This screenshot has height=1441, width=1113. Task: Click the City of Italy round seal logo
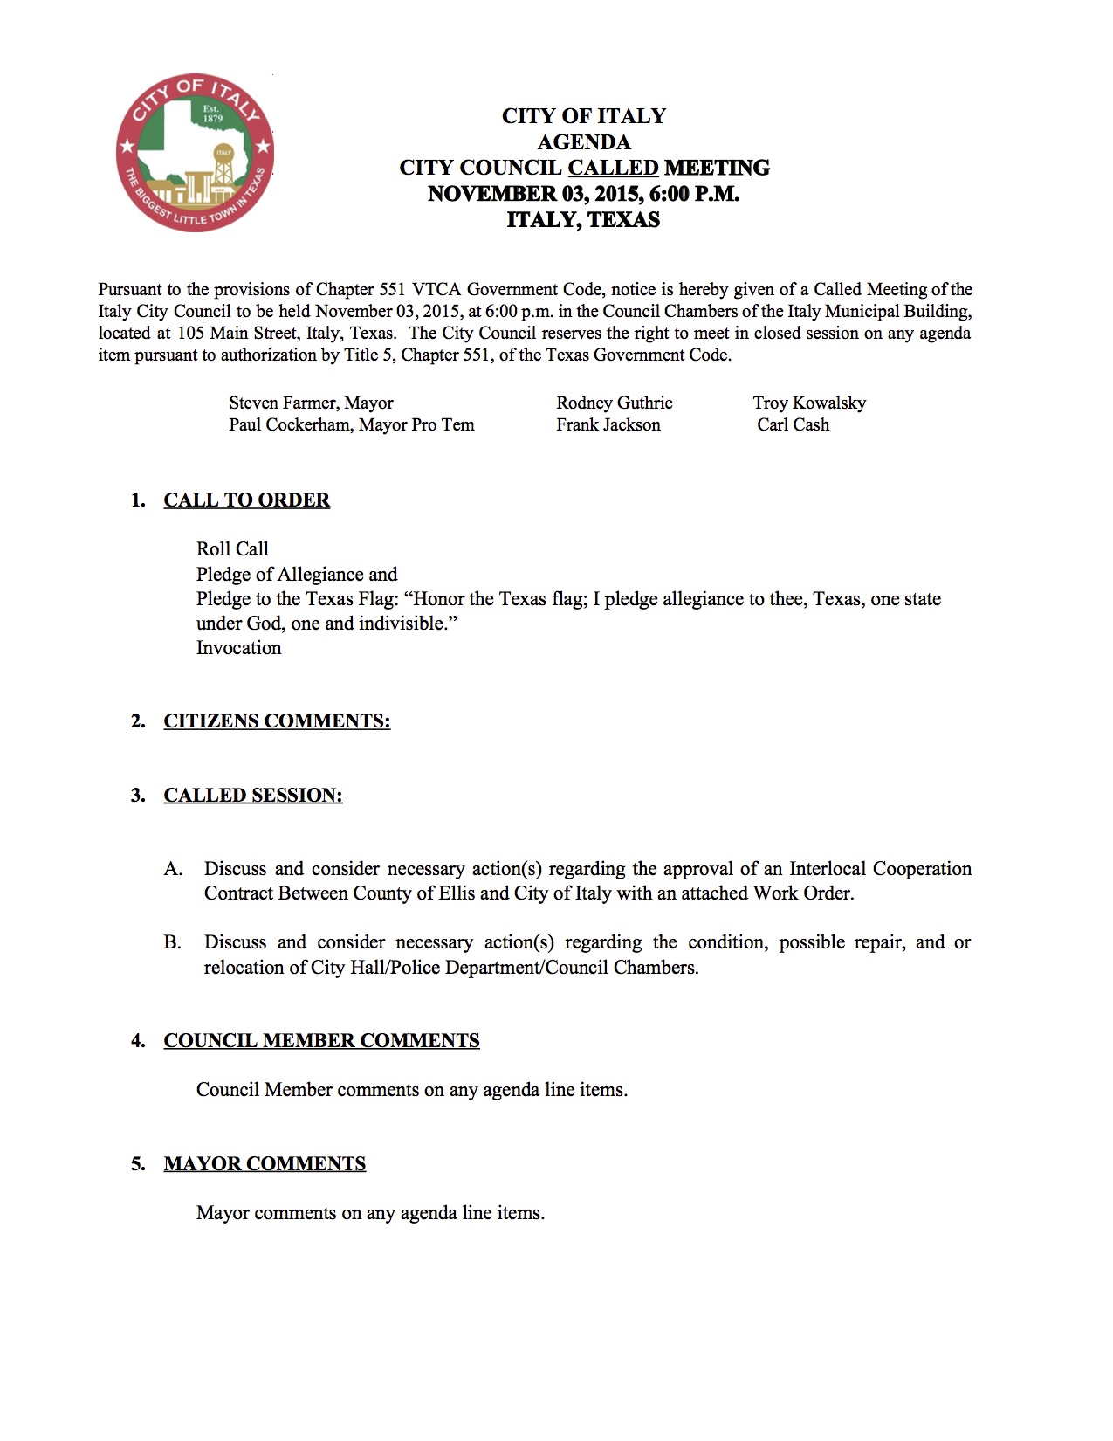click(x=195, y=153)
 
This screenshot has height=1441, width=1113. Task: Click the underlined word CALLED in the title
click(x=613, y=168)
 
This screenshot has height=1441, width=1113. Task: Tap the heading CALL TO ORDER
click(x=246, y=500)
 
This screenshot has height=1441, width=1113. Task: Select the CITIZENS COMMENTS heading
click(x=277, y=721)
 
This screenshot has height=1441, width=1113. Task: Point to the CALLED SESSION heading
click(x=253, y=796)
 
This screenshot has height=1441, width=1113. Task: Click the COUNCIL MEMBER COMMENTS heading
click(x=321, y=1041)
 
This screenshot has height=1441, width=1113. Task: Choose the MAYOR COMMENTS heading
click(x=265, y=1164)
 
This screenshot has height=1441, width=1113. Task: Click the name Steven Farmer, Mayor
click(x=311, y=403)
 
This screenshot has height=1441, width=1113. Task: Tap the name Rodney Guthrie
click(x=615, y=403)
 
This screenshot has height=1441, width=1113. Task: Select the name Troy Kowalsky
click(x=809, y=403)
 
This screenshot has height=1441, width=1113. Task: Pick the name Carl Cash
click(x=793, y=425)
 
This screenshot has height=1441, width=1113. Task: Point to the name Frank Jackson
click(x=608, y=425)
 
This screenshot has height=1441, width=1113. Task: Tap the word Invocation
click(x=238, y=648)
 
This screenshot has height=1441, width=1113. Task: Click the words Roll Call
click(x=232, y=549)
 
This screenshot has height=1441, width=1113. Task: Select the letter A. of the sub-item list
click(x=173, y=869)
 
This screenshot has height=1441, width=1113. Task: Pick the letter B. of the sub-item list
click(x=172, y=942)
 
